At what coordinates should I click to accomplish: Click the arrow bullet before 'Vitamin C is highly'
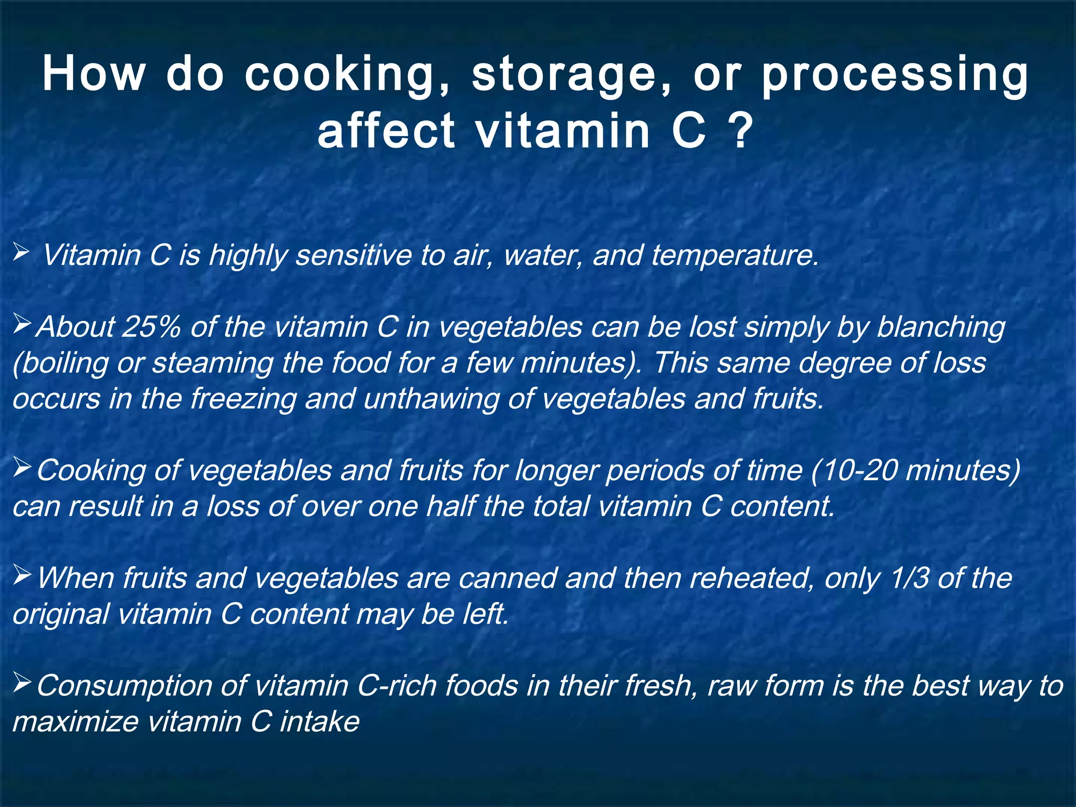pyautogui.click(x=22, y=253)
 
